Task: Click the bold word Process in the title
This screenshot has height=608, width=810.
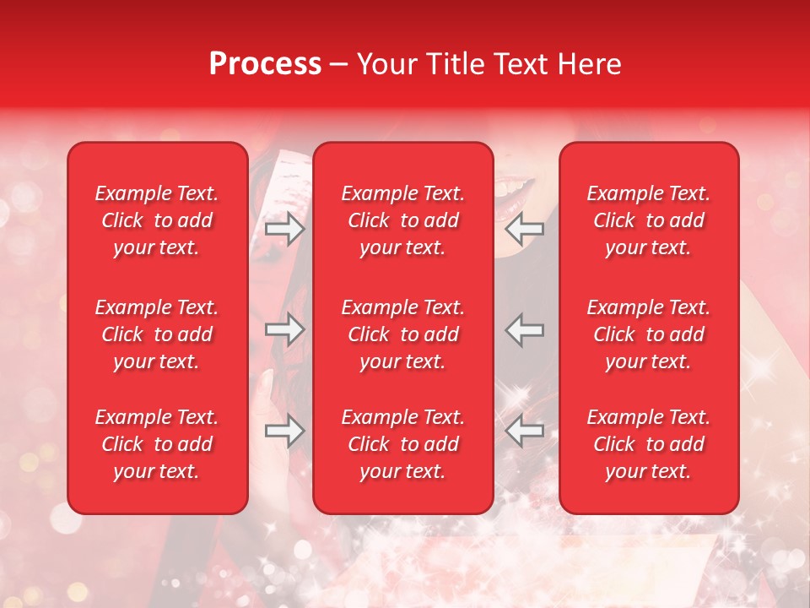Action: pos(265,64)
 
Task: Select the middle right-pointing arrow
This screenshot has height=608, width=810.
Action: pos(285,330)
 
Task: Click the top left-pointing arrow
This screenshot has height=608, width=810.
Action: pos(524,229)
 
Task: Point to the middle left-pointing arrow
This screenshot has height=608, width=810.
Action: pos(524,330)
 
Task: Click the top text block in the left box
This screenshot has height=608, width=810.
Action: pos(157,220)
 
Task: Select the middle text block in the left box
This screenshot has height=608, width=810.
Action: pos(157,334)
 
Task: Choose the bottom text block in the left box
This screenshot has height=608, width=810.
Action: pos(157,444)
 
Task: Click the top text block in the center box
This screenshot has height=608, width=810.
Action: pos(403,220)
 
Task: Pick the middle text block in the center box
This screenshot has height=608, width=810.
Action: pos(403,334)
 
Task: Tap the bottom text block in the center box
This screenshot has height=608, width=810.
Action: pos(403,444)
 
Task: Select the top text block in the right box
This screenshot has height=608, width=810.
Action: pos(649,220)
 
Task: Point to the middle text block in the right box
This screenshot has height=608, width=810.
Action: pos(649,334)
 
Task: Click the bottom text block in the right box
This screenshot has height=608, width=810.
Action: pos(649,444)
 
